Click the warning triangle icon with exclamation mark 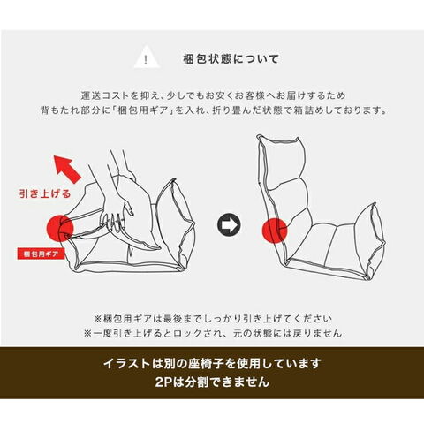147,58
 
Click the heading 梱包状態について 231,59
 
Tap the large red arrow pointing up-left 66,169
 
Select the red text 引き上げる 45,193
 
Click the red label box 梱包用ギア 41,254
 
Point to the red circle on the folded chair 60,228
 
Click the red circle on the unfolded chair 275,231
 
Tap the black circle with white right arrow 229,224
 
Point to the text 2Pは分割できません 212,382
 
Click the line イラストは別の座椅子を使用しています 212,364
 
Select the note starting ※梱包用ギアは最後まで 213,319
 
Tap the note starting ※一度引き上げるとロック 213,333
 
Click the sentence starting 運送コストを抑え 213,95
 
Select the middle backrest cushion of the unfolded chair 290,203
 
